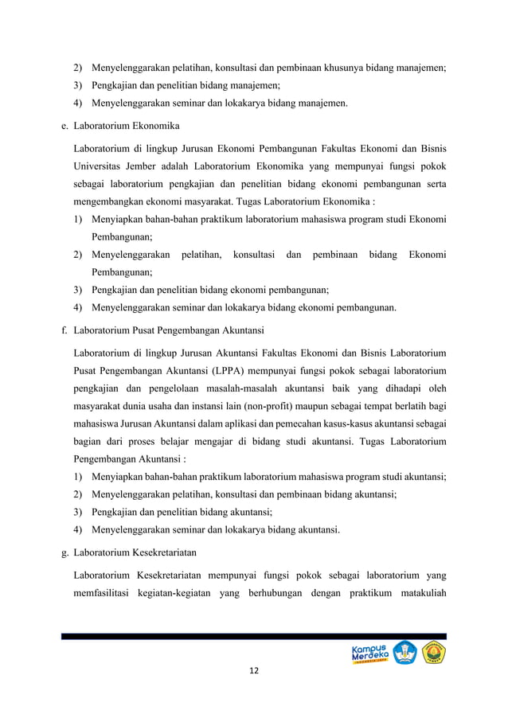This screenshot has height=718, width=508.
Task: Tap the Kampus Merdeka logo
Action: click(x=369, y=653)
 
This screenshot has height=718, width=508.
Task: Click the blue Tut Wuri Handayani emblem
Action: click(x=404, y=653)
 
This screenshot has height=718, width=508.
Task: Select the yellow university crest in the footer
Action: click(x=434, y=653)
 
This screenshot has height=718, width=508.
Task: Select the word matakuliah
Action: click(x=417, y=591)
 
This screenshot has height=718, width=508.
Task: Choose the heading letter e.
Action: click(x=64, y=126)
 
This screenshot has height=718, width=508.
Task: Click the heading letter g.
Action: click(x=64, y=551)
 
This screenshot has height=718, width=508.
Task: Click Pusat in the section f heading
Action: click(x=145, y=330)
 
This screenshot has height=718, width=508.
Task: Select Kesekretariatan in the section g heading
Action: click(x=165, y=551)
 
